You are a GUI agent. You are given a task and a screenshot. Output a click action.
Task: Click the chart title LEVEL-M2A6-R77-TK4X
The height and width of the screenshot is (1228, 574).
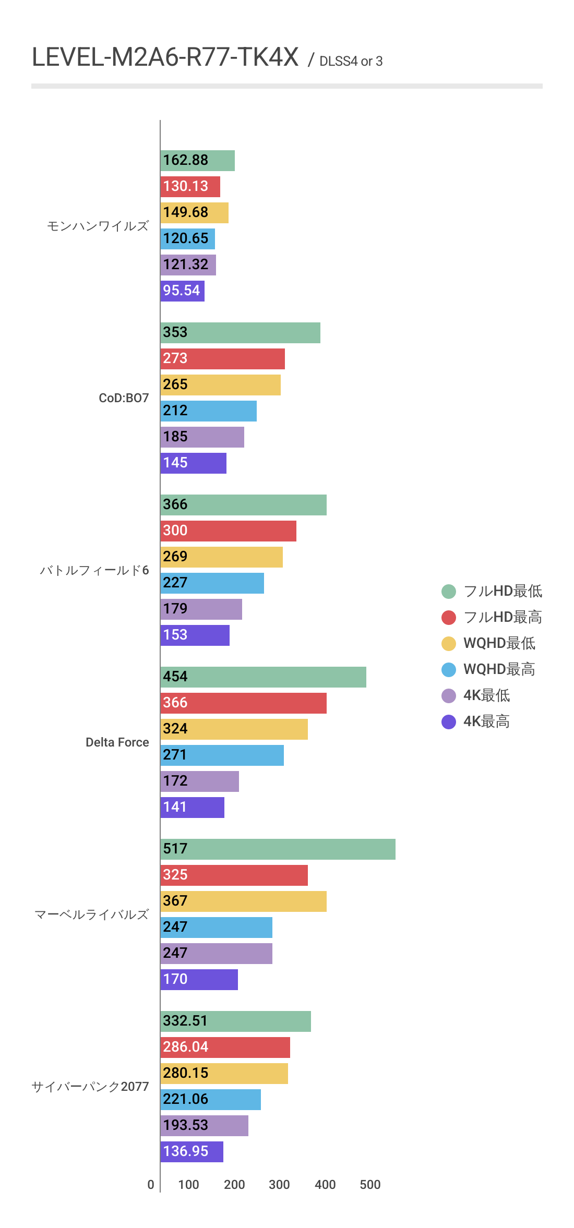[165, 57]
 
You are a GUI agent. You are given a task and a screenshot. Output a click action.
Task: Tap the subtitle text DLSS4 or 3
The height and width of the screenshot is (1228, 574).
[351, 62]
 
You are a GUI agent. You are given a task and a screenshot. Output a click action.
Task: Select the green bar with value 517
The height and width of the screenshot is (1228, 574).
[278, 849]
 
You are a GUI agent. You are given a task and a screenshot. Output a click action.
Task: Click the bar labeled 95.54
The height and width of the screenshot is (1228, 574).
[182, 291]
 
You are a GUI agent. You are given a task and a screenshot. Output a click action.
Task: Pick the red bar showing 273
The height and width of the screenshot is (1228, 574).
[222, 359]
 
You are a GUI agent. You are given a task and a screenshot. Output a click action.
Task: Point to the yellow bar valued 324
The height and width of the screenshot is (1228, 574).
[234, 729]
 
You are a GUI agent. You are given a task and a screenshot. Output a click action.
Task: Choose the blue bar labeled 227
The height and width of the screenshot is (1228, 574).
[212, 583]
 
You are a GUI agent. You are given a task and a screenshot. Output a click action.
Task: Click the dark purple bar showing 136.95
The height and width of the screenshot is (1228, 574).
[192, 1152]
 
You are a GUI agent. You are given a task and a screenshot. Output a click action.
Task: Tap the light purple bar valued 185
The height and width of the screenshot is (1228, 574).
[202, 437]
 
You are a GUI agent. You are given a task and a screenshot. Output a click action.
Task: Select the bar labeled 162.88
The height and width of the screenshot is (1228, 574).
[197, 161]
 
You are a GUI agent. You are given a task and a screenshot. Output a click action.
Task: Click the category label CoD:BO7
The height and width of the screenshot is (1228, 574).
[124, 398]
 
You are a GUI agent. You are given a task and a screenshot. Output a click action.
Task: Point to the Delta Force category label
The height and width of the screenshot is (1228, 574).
[117, 742]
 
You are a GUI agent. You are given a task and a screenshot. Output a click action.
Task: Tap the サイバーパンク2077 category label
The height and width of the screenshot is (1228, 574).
[90, 1087]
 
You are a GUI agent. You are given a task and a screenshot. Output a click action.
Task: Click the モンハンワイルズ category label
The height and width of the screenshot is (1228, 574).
[98, 226]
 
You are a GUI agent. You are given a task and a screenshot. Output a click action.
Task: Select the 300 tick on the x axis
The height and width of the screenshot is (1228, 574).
[279, 1185]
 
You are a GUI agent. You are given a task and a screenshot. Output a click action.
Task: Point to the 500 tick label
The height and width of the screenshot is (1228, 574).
[370, 1185]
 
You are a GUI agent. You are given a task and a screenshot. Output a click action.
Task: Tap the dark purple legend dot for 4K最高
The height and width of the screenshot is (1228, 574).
[449, 722]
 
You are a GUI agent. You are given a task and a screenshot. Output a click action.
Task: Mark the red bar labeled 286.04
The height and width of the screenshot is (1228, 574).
[225, 1048]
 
